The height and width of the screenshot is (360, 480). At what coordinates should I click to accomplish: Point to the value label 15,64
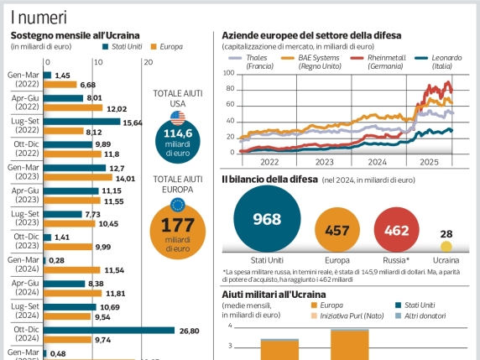click(x=133, y=122)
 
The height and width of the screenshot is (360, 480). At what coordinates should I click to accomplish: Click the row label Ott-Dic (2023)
click(x=23, y=242)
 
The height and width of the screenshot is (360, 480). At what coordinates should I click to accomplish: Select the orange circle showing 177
click(x=177, y=230)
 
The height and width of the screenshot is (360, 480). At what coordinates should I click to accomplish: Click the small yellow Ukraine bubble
click(x=446, y=247)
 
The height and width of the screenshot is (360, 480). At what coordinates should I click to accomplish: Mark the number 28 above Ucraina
click(x=446, y=233)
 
